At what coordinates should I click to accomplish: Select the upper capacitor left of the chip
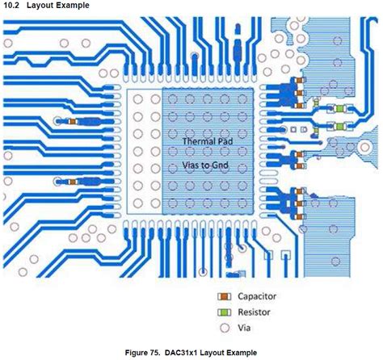pos(73,121)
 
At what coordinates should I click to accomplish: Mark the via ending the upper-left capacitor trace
pos(57,121)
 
